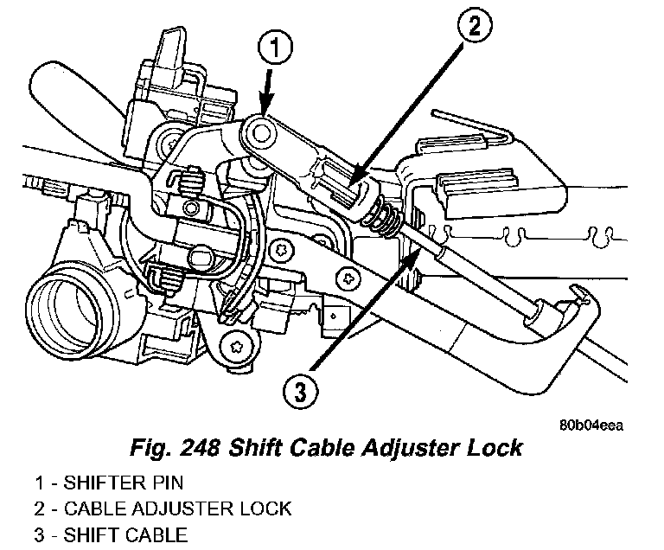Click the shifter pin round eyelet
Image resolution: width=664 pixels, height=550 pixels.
click(x=259, y=132)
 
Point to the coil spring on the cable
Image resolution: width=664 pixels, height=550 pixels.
click(x=388, y=218)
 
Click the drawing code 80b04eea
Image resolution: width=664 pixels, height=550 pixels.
click(x=591, y=425)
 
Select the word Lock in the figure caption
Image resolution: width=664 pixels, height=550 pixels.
click(x=495, y=448)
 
